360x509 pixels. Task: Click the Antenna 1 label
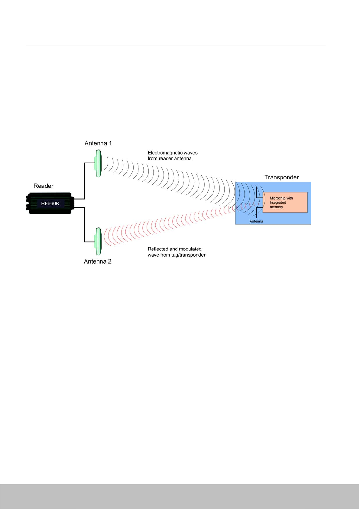(x=98, y=143)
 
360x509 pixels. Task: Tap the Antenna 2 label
(x=97, y=261)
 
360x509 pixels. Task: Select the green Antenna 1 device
(x=98, y=163)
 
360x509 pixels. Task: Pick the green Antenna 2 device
(x=98, y=241)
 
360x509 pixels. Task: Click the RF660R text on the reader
(x=50, y=204)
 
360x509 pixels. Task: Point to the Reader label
(x=43, y=186)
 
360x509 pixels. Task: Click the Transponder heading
(x=281, y=177)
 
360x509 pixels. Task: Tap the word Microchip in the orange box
(x=277, y=198)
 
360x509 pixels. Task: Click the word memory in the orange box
(x=276, y=207)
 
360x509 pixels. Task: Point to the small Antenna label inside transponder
(x=256, y=221)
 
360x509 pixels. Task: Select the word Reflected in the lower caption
(x=158, y=249)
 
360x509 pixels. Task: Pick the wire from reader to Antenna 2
(x=84, y=225)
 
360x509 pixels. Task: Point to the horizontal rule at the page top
(x=175, y=46)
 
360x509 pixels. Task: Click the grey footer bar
(x=180, y=496)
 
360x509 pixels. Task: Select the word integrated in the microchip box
(x=278, y=203)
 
